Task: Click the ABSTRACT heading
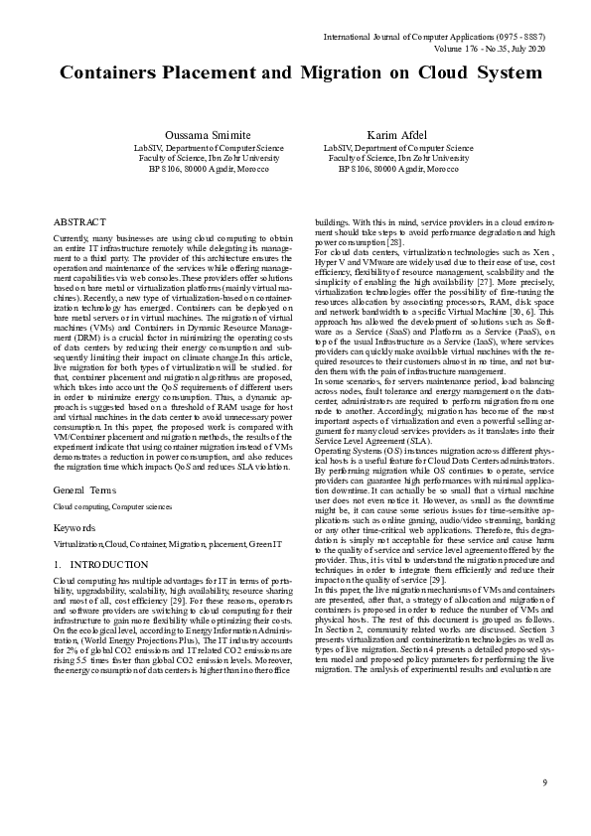tap(80, 223)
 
